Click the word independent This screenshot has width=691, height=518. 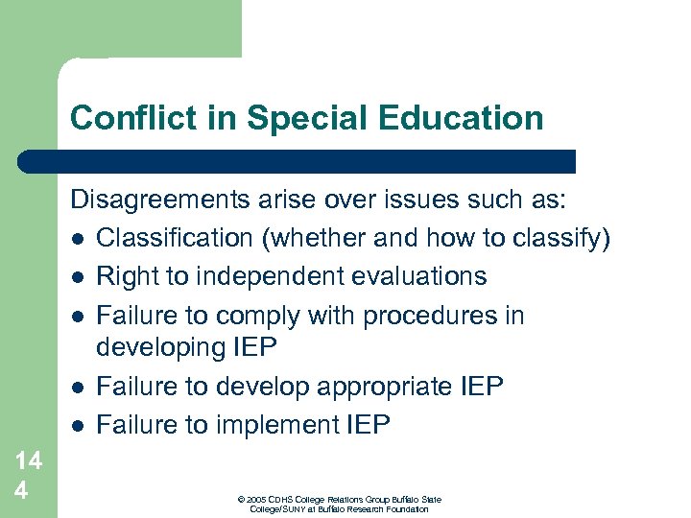[253, 276]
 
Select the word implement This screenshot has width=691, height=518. [280, 424]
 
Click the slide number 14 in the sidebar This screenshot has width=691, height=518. [28, 461]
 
